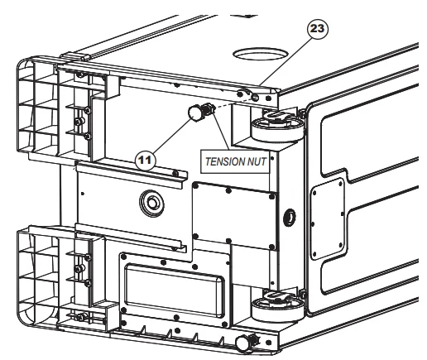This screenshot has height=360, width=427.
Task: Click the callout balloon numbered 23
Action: (x=318, y=29)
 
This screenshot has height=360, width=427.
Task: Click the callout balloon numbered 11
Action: (x=145, y=160)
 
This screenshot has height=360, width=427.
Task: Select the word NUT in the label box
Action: (x=257, y=161)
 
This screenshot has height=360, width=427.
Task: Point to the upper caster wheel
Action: (x=278, y=127)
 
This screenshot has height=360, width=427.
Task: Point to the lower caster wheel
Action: (x=278, y=306)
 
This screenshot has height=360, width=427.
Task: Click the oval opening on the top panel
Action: (x=261, y=54)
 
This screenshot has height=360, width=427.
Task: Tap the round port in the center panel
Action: (x=151, y=204)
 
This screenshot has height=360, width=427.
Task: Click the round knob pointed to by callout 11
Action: (x=195, y=113)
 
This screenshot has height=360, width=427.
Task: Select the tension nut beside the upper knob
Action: (x=209, y=109)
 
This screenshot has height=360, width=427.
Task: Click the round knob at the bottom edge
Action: (x=243, y=343)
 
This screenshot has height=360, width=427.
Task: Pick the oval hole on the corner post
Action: (x=290, y=217)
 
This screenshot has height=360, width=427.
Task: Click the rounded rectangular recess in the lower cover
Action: (x=175, y=290)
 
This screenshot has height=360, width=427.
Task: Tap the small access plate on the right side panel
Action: (x=328, y=219)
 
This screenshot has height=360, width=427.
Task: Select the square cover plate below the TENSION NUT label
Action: (x=234, y=216)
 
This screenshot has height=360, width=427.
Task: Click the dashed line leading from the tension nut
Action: (x=234, y=103)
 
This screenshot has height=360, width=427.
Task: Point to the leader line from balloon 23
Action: (x=286, y=62)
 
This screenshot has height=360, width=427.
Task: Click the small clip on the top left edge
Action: (x=75, y=56)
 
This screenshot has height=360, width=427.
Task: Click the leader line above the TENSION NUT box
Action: (x=221, y=129)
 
